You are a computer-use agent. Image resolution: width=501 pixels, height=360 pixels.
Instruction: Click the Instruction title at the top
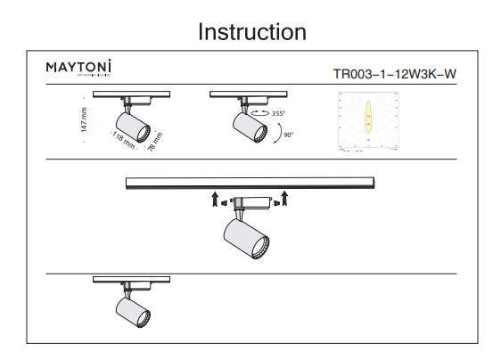click(x=252, y=32)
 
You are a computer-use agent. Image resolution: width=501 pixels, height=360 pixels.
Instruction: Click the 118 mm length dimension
click(x=123, y=138)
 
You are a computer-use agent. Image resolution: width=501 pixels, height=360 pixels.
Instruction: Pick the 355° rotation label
click(x=279, y=114)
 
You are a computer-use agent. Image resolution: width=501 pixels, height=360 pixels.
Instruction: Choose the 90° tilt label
click(x=289, y=135)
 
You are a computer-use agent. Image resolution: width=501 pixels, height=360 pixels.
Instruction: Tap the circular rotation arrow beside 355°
click(x=259, y=113)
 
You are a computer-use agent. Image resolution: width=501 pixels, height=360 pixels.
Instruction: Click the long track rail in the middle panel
click(x=250, y=183)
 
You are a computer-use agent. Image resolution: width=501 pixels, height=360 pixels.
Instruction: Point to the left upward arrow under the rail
click(x=215, y=197)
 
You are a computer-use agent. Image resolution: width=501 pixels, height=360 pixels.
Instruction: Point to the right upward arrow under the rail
click(x=284, y=196)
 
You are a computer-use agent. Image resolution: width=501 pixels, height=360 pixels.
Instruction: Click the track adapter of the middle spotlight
click(x=250, y=200)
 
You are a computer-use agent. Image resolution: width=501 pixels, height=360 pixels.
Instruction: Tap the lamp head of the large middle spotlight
click(x=244, y=238)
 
